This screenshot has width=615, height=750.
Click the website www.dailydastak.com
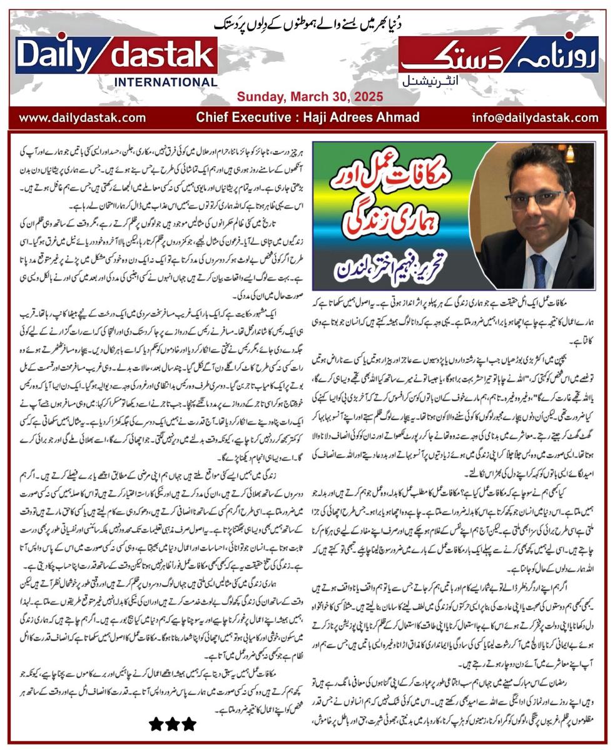point(82,117)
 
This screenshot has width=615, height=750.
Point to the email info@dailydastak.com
point(535,117)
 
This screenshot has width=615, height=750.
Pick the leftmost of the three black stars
point(156,724)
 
